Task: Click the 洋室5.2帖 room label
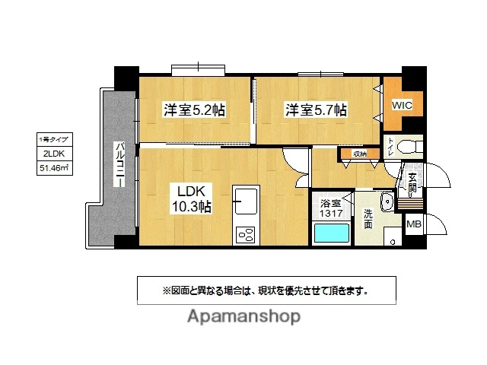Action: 193,110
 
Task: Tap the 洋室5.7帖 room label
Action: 316,110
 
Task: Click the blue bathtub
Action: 332,232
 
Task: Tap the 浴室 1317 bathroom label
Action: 331,208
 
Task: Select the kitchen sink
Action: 247,202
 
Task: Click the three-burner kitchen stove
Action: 247,234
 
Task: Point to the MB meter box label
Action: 413,224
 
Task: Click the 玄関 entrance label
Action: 411,183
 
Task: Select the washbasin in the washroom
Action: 385,202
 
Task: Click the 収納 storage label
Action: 360,154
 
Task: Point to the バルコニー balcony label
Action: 120,168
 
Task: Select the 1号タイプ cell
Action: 54,140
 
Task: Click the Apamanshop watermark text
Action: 243,319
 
